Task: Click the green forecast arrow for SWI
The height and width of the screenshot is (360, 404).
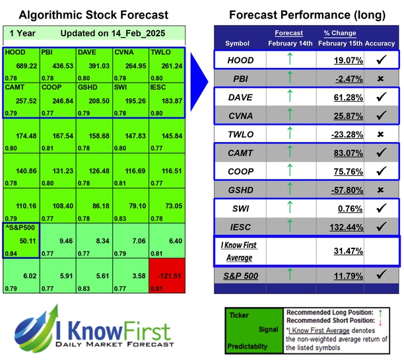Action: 288,207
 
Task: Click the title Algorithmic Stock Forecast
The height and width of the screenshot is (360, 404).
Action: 94,15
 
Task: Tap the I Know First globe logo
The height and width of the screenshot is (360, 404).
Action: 37,330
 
